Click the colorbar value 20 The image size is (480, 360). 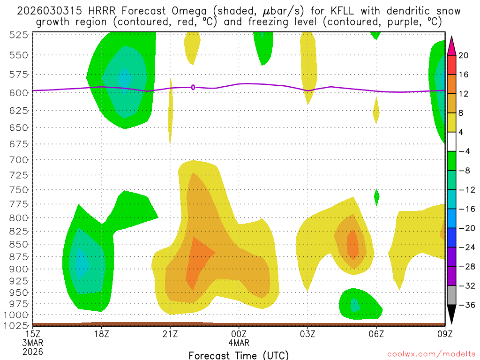[x=464, y=55]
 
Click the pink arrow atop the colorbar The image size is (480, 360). [x=451, y=44]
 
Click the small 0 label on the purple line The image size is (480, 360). [x=193, y=87]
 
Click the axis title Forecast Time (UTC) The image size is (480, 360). [x=239, y=355]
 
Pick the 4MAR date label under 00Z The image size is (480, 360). [x=239, y=342]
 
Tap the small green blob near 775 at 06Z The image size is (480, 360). [x=376, y=197]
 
